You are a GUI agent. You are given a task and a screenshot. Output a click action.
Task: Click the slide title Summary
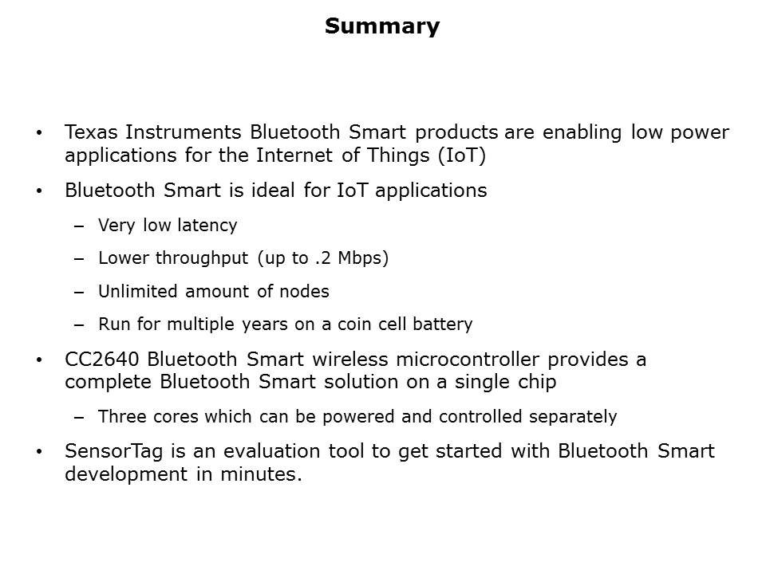click(382, 27)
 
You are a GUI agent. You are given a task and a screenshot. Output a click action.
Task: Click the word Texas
click(91, 132)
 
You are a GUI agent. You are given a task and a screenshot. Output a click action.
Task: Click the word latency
click(207, 226)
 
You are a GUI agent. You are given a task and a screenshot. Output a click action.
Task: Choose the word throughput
click(202, 258)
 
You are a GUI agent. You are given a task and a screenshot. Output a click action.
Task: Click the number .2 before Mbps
click(323, 258)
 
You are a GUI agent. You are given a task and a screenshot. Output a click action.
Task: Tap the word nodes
click(304, 292)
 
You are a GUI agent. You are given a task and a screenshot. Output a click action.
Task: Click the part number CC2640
click(101, 360)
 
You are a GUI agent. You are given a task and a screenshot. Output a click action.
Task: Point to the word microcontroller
click(468, 360)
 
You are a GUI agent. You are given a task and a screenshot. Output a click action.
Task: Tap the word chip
click(537, 382)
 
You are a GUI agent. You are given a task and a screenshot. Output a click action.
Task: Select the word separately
click(573, 417)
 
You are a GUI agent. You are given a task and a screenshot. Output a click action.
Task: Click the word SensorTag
click(113, 451)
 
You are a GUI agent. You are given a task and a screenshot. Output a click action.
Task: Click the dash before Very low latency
click(79, 226)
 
